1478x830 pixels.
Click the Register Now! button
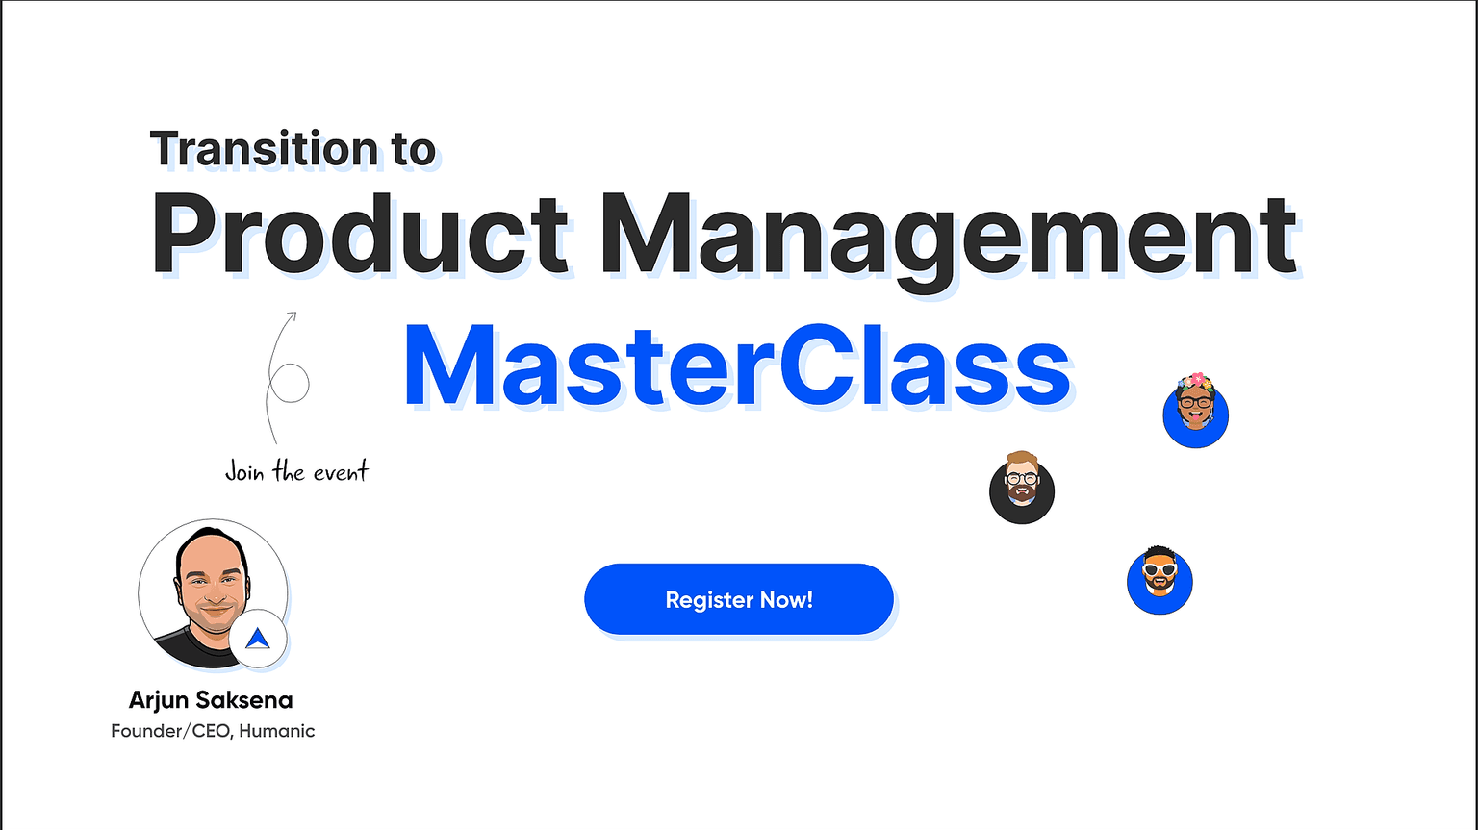pyautogui.click(x=738, y=599)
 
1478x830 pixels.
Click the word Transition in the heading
pyautogui.click(x=264, y=148)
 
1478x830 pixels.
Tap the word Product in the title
pyautogui.click(x=360, y=234)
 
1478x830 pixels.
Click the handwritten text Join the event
pyautogui.click(x=297, y=472)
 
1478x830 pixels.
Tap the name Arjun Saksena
pyautogui.click(x=211, y=700)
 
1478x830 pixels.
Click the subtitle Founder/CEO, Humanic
pyautogui.click(x=213, y=731)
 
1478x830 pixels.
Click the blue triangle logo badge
pyautogui.click(x=258, y=639)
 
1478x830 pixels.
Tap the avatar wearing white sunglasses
pyautogui.click(x=1159, y=581)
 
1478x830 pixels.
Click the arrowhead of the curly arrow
pyautogui.click(x=293, y=315)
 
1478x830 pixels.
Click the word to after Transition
pyautogui.click(x=415, y=150)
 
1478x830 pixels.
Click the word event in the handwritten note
pyautogui.click(x=341, y=472)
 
